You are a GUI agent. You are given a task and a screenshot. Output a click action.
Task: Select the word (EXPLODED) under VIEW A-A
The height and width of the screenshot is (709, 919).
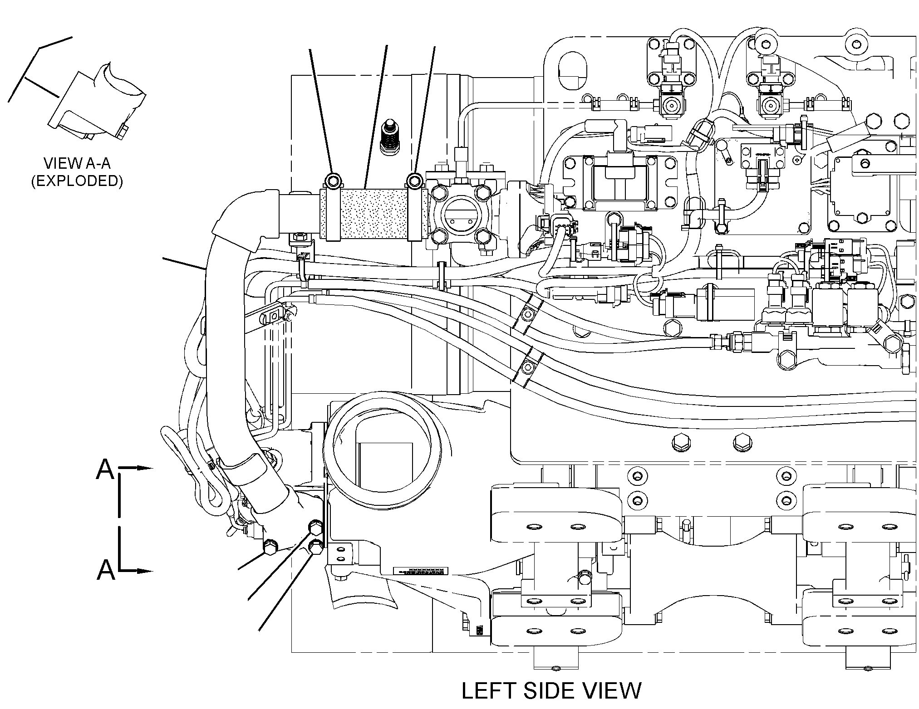(x=77, y=181)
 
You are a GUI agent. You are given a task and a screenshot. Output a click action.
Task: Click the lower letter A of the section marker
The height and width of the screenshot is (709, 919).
(x=106, y=570)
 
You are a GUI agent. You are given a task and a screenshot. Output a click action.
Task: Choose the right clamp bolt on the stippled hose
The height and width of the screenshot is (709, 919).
(x=414, y=181)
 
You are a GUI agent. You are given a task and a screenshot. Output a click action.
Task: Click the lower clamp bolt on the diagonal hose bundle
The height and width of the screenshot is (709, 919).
(x=528, y=365)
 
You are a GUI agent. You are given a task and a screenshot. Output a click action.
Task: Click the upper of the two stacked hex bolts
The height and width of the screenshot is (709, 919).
(x=315, y=528)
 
